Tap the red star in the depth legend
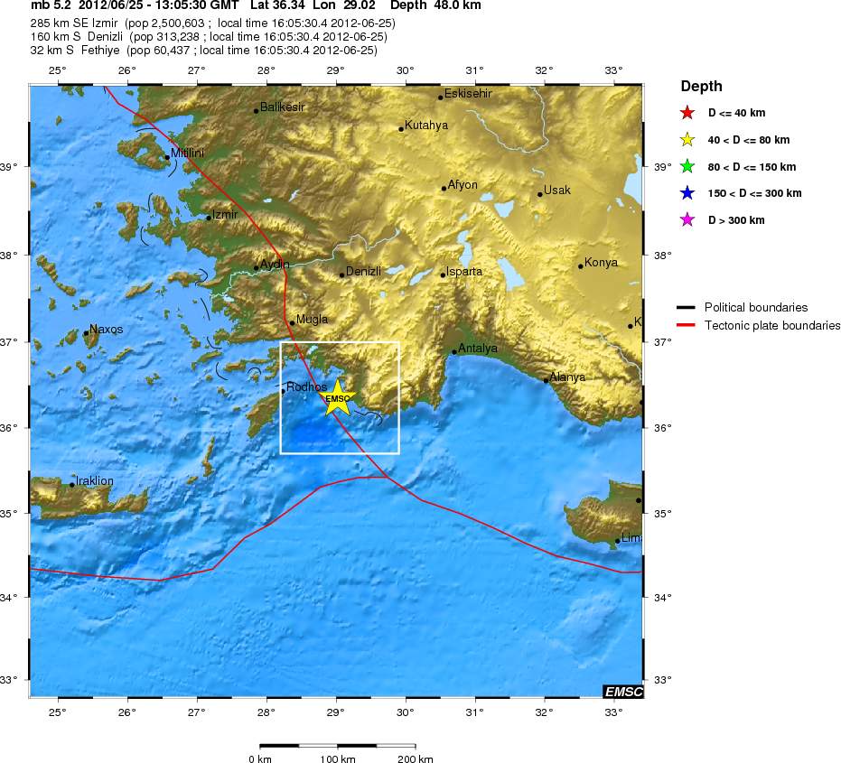687,113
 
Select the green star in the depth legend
687,166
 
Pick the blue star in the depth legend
687,193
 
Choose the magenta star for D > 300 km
687,219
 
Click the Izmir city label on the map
225,215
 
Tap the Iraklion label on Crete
95,481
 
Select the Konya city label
601,263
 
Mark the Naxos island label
107,330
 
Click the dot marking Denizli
342,274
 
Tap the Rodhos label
306,387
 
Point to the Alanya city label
567,377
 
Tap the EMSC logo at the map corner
623,692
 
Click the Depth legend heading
701,87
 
